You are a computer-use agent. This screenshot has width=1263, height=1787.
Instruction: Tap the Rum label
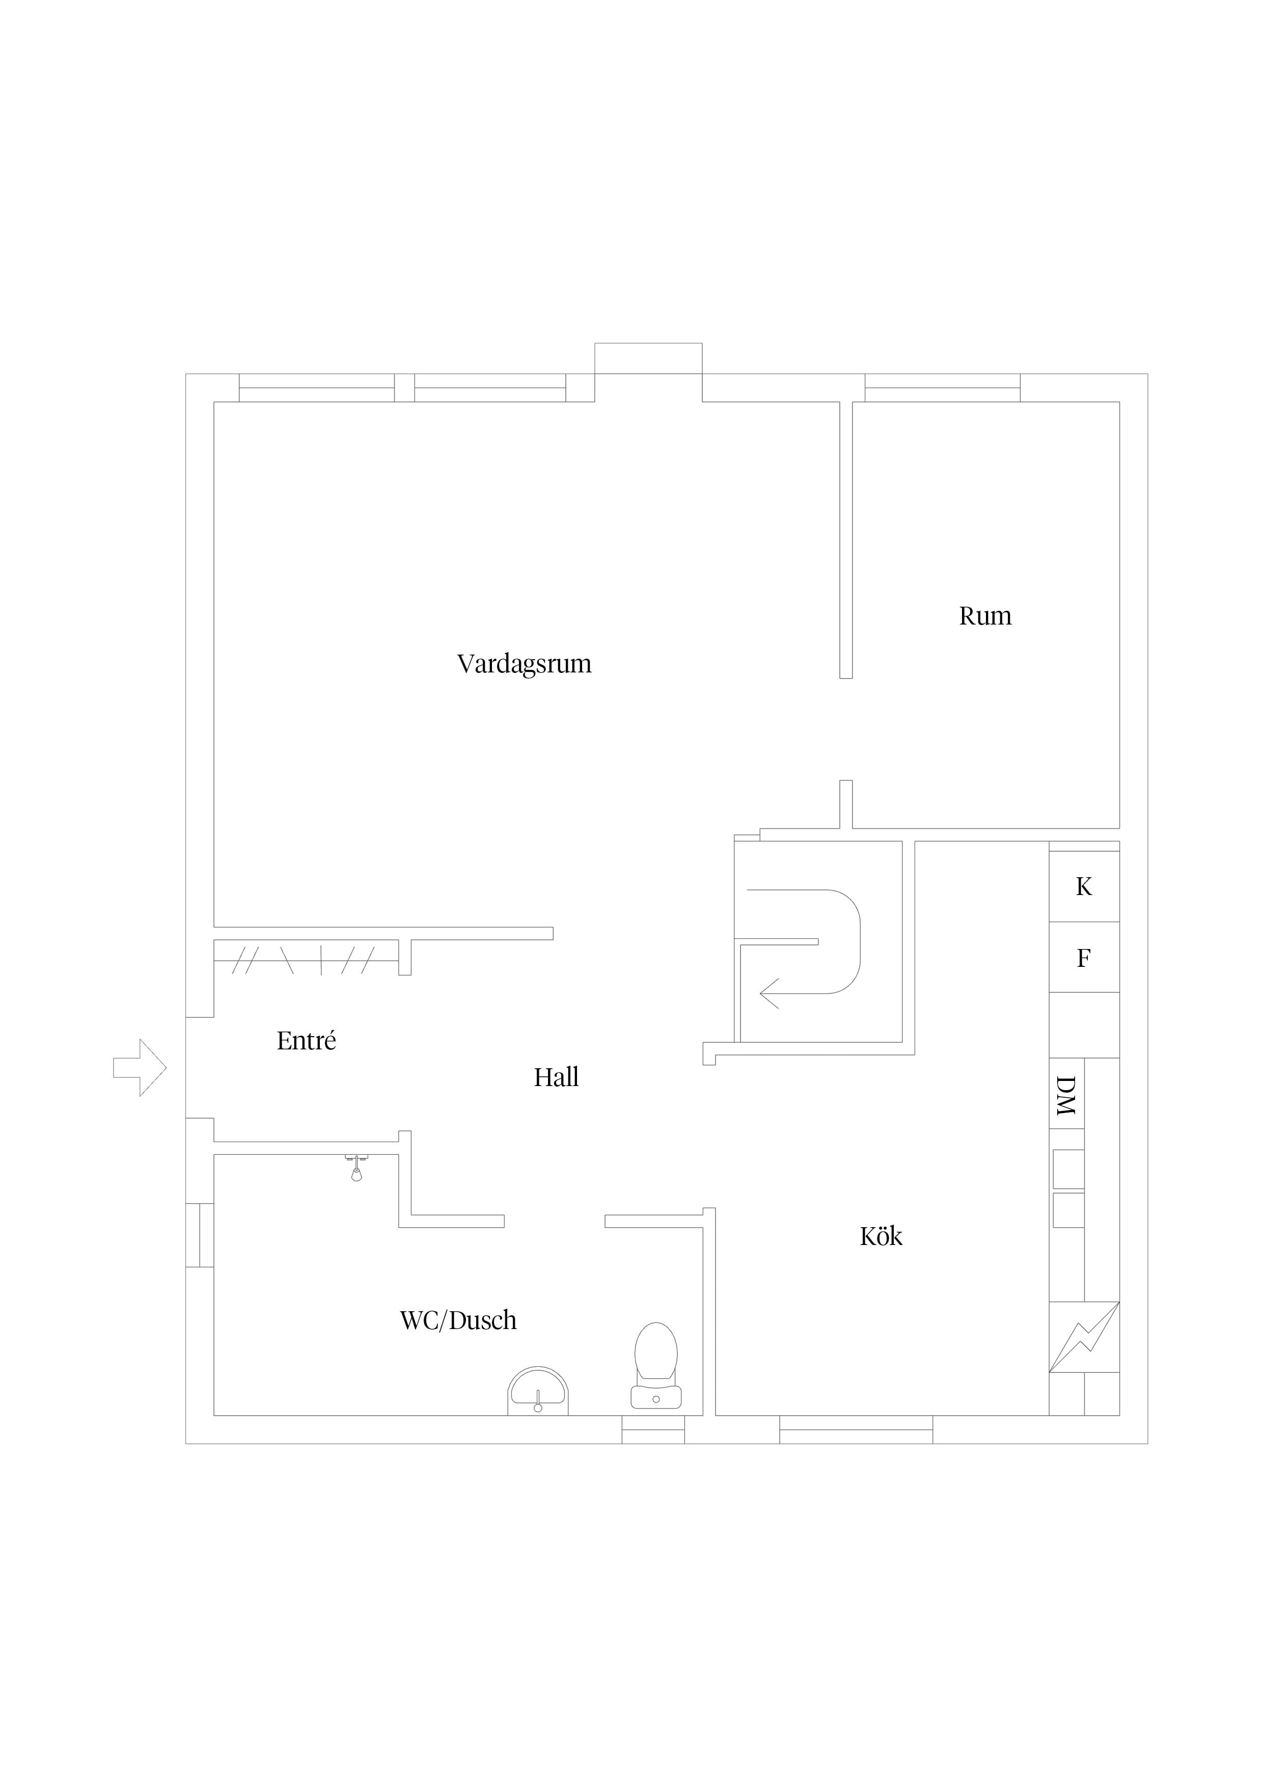tap(985, 616)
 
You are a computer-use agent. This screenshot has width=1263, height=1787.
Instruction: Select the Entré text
tap(307, 1041)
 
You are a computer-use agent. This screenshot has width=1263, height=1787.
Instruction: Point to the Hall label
tap(557, 1077)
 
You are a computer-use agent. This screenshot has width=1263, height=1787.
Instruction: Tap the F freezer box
tap(1084, 957)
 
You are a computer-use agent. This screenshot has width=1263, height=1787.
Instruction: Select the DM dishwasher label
tap(1065, 1095)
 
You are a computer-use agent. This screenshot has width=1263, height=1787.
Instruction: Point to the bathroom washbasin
tap(538, 1392)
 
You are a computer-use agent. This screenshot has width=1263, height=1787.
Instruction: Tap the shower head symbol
tap(356, 1168)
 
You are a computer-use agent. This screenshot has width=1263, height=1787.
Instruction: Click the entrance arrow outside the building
tap(140, 1068)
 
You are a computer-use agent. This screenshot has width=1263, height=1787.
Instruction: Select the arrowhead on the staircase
tap(769, 994)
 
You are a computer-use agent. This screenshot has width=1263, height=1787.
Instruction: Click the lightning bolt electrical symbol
tap(1084, 1337)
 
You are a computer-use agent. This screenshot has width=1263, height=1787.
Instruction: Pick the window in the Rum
tap(942, 388)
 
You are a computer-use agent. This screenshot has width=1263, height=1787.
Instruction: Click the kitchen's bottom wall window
tap(856, 1430)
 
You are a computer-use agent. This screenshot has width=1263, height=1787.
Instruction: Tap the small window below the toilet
tap(653, 1430)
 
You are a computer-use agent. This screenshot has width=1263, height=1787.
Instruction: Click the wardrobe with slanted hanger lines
tap(306, 957)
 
